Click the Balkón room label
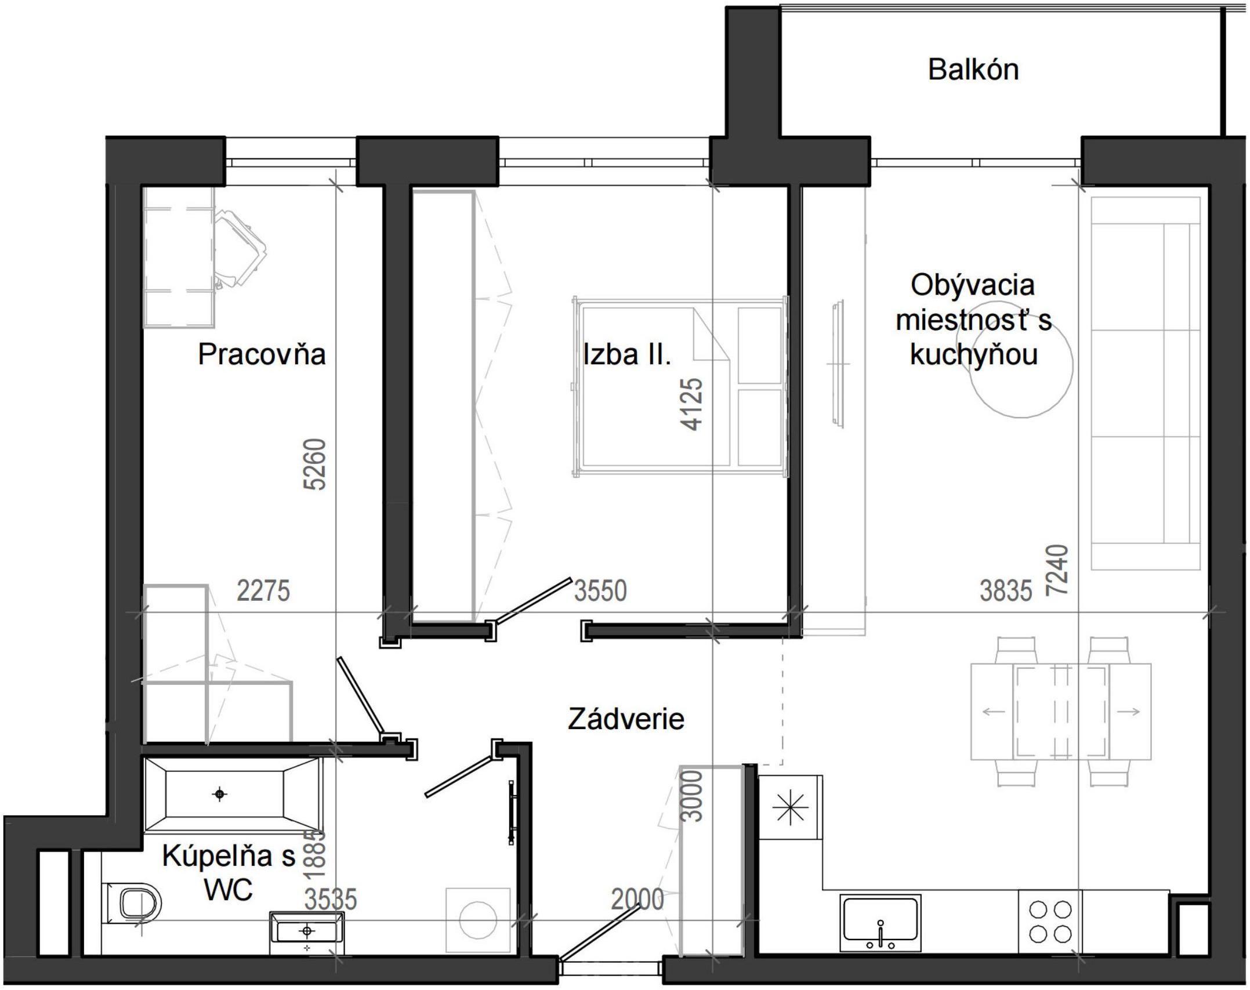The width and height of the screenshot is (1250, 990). coord(973,70)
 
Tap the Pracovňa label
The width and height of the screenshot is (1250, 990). coord(262,354)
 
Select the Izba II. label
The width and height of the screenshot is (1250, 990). coord(627,354)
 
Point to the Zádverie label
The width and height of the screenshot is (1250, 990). coord(626,720)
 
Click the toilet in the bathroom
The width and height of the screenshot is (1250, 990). coord(137,905)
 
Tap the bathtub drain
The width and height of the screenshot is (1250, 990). coord(220,794)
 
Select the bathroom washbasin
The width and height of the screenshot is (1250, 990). coord(307,931)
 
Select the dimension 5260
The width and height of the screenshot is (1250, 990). coord(316,465)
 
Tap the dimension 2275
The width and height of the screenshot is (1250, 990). coord(263,591)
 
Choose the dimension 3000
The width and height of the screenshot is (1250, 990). coord(693,796)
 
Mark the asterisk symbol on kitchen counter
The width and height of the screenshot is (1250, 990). coord(790,808)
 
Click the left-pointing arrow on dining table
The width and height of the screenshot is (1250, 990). coord(994,712)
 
